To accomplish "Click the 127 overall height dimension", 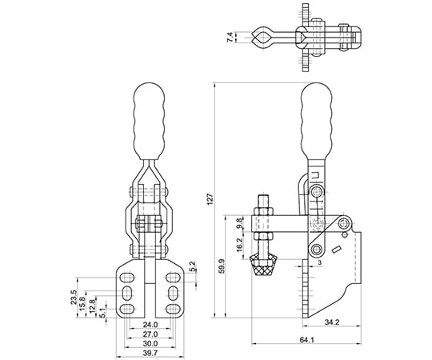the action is (x=210, y=199).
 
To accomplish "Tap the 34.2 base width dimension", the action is (x=332, y=322).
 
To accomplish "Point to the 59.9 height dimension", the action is (x=222, y=266).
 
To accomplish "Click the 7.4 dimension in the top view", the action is (x=230, y=37).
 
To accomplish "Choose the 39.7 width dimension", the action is (x=150, y=353).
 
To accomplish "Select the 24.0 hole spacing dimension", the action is (x=150, y=325).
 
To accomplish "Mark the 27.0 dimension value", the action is (x=150, y=334).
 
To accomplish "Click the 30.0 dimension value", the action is (x=150, y=343).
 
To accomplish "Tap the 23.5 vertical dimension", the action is (x=74, y=297).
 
